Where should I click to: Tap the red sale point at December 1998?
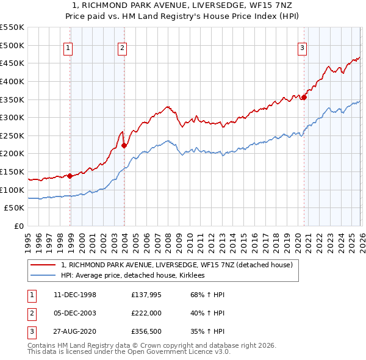point(70,176)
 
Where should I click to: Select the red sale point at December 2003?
point(124,145)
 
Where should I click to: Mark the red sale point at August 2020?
point(304,96)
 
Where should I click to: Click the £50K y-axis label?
point(15,208)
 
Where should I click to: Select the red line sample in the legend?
point(43,265)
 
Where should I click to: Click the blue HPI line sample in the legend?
point(43,276)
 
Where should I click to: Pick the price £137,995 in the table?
point(146,295)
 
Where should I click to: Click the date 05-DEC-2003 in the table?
point(71,313)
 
